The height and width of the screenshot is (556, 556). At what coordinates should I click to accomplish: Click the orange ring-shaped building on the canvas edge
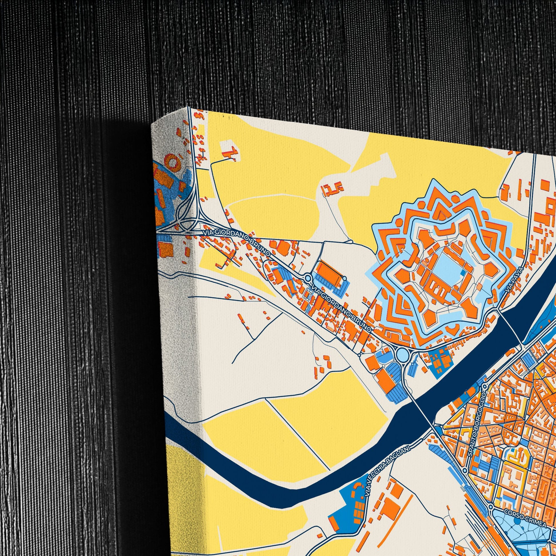(173, 161)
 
